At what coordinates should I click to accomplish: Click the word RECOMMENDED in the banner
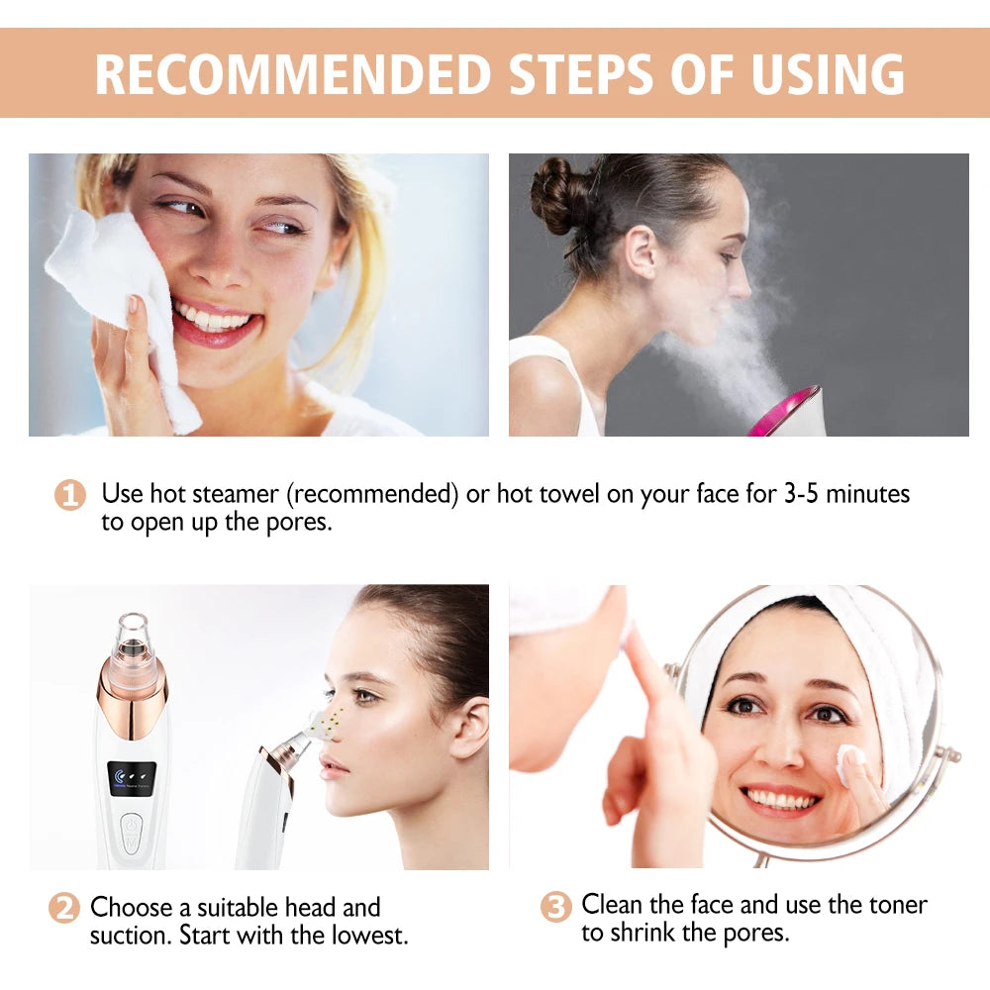(293, 73)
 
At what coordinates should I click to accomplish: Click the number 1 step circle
(69, 494)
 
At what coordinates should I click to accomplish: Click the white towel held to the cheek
(119, 297)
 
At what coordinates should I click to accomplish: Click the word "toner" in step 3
(895, 904)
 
